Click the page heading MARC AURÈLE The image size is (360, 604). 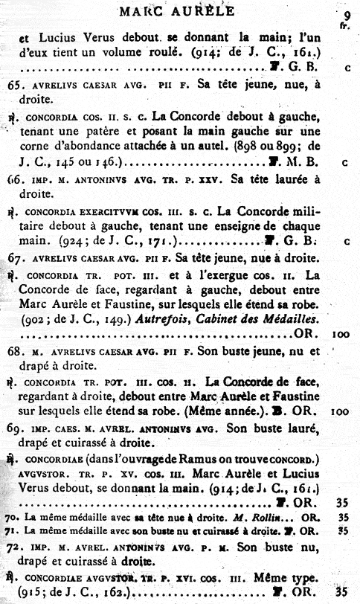pos(176,10)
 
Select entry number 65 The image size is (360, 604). pos(13,86)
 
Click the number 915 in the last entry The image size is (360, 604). pos(22,593)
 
